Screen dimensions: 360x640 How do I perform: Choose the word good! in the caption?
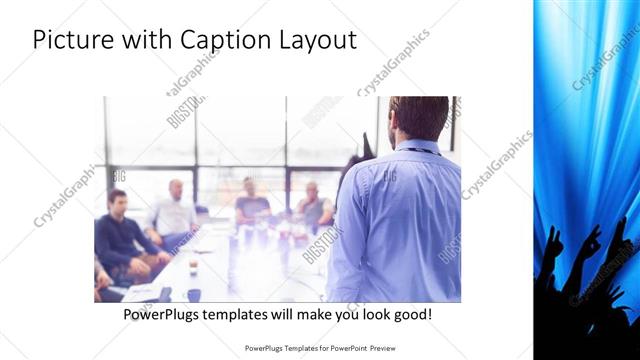point(411,315)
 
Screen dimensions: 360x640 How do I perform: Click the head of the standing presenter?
point(419,117)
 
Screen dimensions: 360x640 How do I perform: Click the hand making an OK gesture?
point(591,243)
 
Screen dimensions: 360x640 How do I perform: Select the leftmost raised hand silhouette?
point(553,245)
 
